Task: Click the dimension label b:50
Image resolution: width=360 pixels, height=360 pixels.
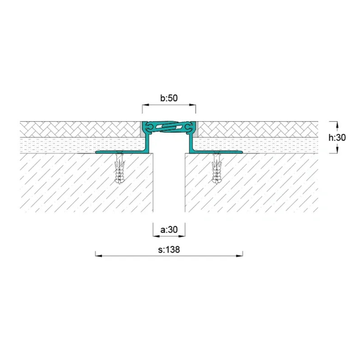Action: coord(169,98)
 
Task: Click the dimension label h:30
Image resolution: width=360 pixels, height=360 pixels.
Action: coord(337,137)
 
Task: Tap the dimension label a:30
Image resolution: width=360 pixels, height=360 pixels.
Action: coord(169,229)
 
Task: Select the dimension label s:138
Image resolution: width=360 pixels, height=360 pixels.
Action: coord(169,250)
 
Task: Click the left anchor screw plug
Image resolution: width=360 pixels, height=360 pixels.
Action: coord(119,168)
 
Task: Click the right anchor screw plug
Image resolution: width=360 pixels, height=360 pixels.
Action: coord(217,168)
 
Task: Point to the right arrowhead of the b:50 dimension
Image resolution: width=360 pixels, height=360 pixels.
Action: coord(193,105)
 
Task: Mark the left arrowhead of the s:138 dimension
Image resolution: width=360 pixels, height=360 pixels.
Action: coord(99,256)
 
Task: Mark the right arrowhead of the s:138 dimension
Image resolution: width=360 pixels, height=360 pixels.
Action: coord(239,256)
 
